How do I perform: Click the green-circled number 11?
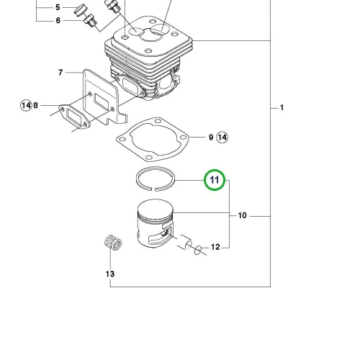215,180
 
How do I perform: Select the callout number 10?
242,215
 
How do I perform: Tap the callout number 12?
215,247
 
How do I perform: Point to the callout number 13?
110,274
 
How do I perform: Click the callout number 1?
282,107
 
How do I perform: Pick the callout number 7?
60,72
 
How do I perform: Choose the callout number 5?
58,7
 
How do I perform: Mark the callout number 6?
58,20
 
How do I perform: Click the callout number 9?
211,138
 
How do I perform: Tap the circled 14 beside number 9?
222,138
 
